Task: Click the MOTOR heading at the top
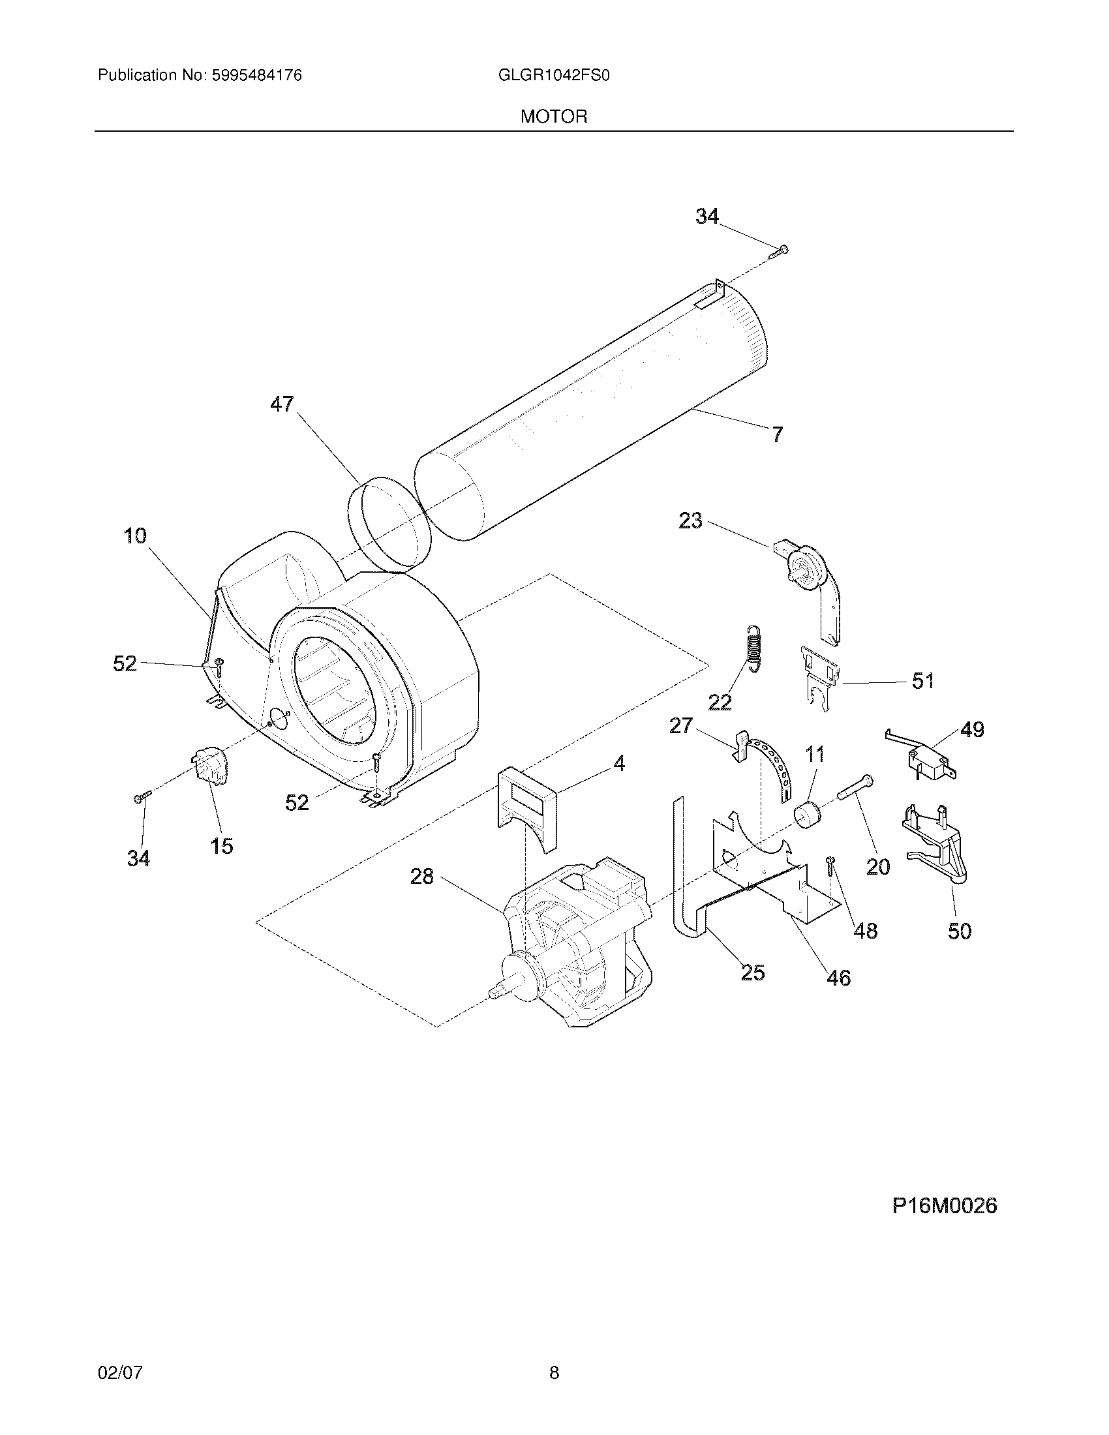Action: point(553,117)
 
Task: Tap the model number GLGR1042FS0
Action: point(554,76)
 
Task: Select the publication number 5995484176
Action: point(256,76)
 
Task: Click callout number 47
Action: point(282,404)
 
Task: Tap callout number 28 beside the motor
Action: point(422,876)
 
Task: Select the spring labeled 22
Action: point(755,647)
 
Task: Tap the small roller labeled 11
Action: point(806,816)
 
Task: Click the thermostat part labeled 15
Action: point(209,766)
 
